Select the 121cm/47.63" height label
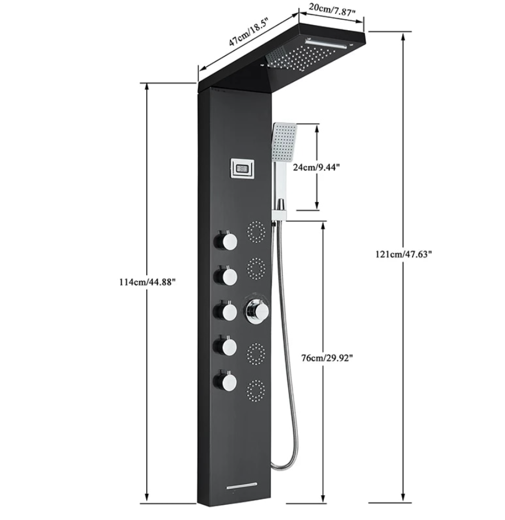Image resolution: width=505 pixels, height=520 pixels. click(404, 254)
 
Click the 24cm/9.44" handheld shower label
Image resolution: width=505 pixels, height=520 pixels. click(316, 167)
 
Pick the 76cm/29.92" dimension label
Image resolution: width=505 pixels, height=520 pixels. click(327, 358)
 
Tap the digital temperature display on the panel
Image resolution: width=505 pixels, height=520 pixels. click(242, 169)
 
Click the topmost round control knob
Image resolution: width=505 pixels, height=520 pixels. click(226, 240)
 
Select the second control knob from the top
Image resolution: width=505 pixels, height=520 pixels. click(226, 276)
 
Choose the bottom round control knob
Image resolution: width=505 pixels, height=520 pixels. click(226, 381)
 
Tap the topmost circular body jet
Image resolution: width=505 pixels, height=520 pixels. click(256, 231)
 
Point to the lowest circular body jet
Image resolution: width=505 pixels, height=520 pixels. click(256, 391)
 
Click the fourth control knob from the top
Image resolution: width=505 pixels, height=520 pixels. click(226, 346)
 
